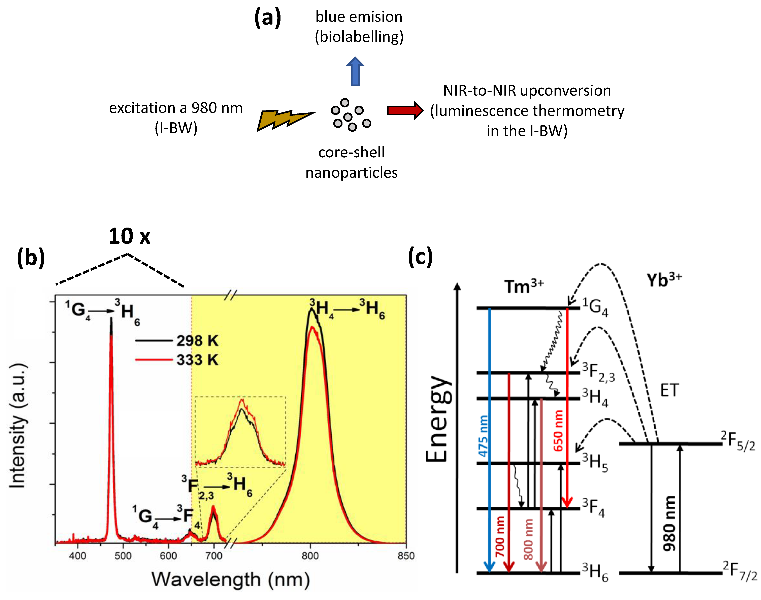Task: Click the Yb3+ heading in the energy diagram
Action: click(663, 280)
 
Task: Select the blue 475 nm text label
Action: click(484, 436)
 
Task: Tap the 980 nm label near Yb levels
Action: click(669, 523)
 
